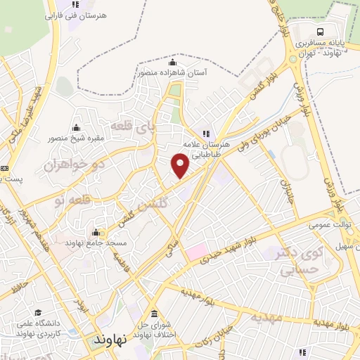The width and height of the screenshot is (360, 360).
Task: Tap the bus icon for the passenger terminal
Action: tap(320, 32)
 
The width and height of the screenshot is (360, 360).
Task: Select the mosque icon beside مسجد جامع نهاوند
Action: tap(96, 233)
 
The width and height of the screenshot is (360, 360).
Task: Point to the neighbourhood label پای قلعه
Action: tap(150, 128)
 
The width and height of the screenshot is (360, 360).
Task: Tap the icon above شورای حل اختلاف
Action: tap(153, 314)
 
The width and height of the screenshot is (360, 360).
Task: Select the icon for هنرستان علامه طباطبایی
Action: tap(206, 133)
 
